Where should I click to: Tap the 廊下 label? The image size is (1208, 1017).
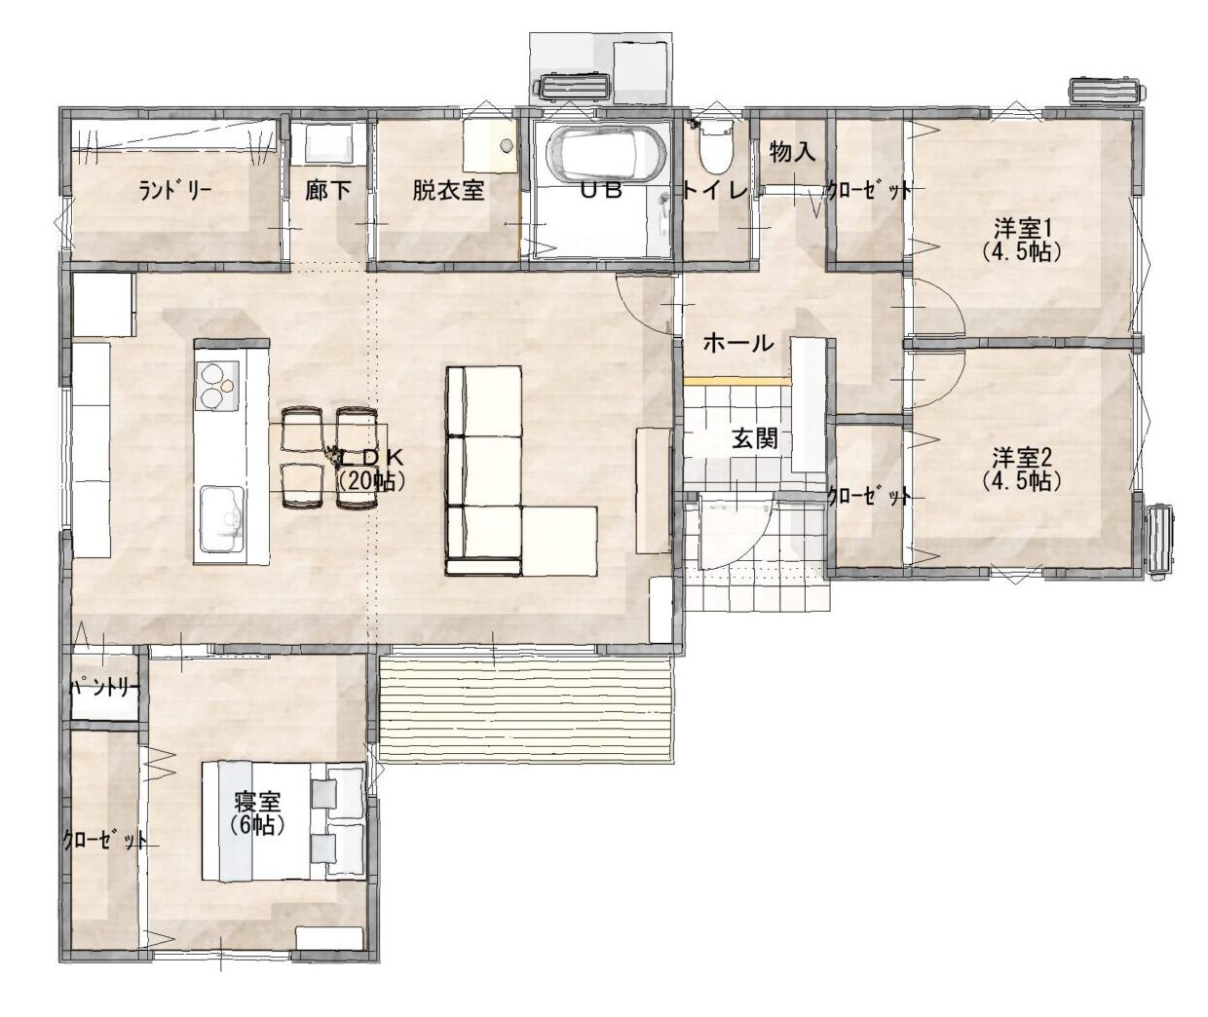pos(327,190)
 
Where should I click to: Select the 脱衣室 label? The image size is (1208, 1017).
pos(448,190)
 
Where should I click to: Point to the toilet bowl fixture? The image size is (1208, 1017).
pos(716,147)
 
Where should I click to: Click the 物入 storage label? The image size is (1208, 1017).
pos(792,152)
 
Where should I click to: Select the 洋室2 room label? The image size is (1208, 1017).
pos(1022,458)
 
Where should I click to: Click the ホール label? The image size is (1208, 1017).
pos(738,344)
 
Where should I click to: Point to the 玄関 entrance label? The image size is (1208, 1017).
pos(755,438)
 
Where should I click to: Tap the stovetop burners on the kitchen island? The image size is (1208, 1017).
pos(217,386)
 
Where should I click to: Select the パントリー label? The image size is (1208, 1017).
pos(104,688)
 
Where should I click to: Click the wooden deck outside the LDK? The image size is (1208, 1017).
pos(526,709)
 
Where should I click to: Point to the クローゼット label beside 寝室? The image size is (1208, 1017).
pos(104,840)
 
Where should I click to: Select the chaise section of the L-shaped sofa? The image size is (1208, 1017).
pos(559,541)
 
